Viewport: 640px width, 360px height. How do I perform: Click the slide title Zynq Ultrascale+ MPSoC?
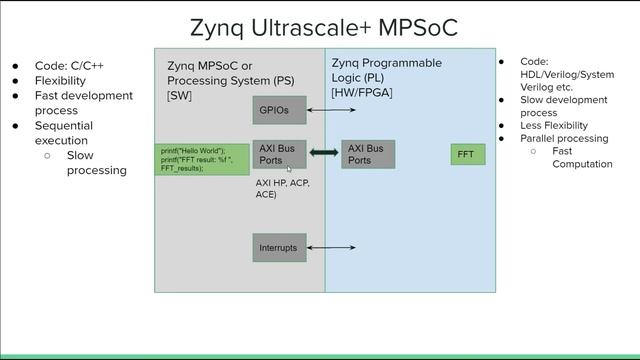pyautogui.click(x=323, y=27)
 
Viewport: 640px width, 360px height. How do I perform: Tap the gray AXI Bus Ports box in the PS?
pyautogui.click(x=279, y=154)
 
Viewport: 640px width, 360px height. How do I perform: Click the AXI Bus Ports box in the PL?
pyautogui.click(x=368, y=154)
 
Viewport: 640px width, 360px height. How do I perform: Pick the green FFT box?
pyautogui.click(x=467, y=154)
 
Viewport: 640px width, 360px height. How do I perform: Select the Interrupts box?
pyautogui.click(x=278, y=247)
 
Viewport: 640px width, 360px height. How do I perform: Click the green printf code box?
pyautogui.click(x=202, y=159)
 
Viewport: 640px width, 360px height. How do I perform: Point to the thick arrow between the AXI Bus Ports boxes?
pyautogui.click(x=324, y=153)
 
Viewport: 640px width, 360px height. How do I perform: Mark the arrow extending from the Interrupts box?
pyautogui.click(x=331, y=247)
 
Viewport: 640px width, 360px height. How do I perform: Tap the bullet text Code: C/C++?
pyautogui.click(x=69, y=65)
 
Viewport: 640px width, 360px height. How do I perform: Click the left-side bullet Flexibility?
pyautogui.click(x=60, y=80)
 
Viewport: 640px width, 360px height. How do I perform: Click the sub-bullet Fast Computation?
pyautogui.click(x=581, y=158)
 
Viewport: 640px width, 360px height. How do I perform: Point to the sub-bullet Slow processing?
pyautogui.click(x=96, y=163)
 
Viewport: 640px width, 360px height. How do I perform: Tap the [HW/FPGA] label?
pyautogui.click(x=362, y=92)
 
